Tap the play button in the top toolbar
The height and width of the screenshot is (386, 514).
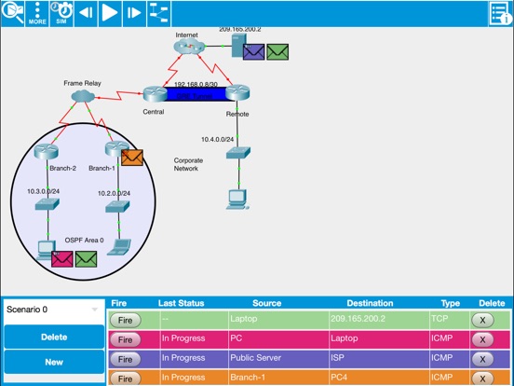(x=109, y=12)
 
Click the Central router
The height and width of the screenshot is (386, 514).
(x=155, y=93)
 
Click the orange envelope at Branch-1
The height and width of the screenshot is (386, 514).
(x=131, y=157)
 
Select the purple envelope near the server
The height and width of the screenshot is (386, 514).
(x=252, y=52)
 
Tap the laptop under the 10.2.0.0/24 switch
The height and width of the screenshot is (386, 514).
(x=119, y=246)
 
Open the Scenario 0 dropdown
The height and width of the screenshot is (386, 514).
(x=52, y=309)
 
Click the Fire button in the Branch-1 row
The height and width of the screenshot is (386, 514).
(x=124, y=378)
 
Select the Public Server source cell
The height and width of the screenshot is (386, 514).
(x=270, y=358)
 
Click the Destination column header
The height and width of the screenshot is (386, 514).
(x=370, y=303)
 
